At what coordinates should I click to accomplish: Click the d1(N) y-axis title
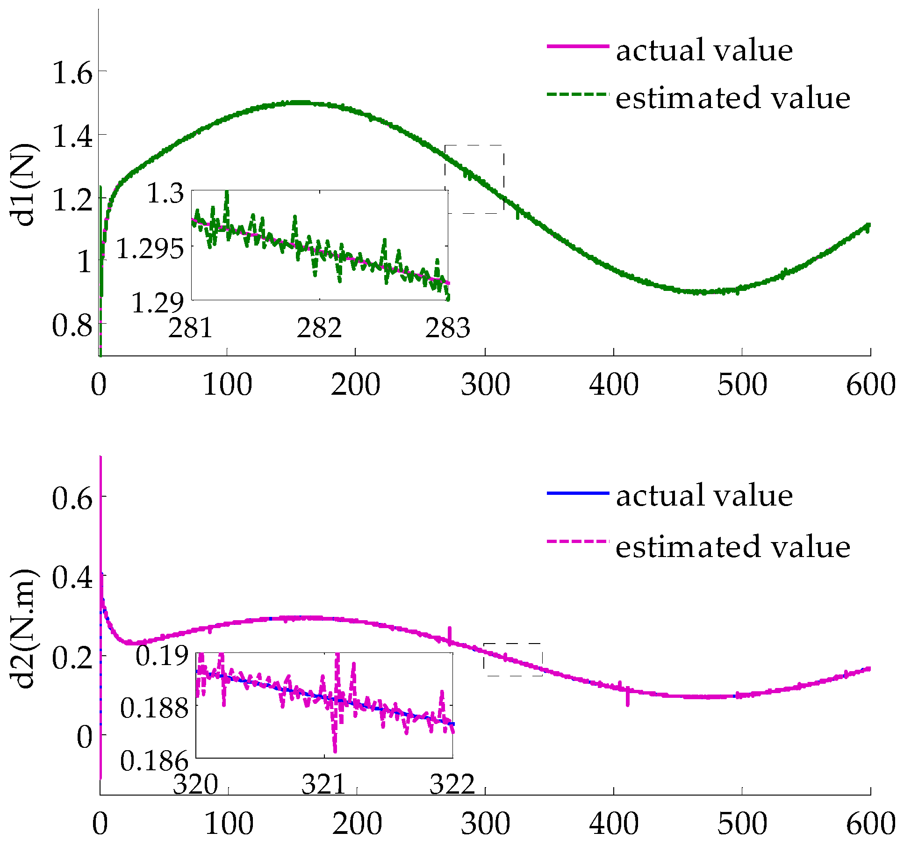[24, 185]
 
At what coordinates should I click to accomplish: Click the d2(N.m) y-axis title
[24, 629]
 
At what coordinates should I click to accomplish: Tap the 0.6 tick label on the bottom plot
[72, 498]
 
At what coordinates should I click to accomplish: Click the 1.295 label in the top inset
[150, 248]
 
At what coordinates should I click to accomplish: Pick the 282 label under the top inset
[319, 328]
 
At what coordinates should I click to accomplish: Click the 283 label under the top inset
[447, 328]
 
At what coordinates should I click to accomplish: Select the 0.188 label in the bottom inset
[154, 708]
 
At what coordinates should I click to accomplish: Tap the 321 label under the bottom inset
[323, 784]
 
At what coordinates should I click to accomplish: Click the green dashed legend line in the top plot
[578, 94]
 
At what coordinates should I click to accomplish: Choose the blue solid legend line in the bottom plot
[578, 493]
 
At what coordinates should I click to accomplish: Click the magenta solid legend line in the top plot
[578, 46]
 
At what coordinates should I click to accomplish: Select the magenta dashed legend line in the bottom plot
[578, 542]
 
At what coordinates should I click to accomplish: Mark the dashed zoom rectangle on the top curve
[474, 179]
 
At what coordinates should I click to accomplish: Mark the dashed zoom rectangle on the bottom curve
[513, 659]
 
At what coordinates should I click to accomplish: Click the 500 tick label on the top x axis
[742, 385]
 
